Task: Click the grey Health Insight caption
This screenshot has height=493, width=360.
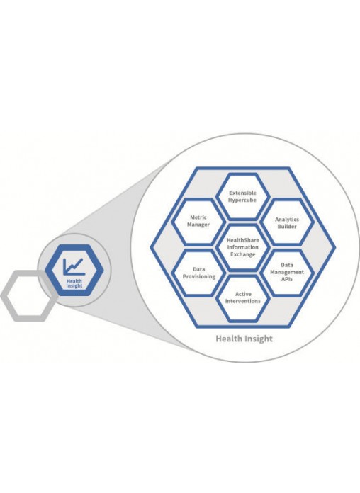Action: [x=244, y=339]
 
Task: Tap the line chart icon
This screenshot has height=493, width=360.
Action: [x=73, y=267]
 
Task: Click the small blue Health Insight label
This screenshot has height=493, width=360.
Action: [x=74, y=283]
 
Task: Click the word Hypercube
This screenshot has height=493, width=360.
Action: [x=242, y=200]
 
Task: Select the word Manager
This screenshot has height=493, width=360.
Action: [x=198, y=225]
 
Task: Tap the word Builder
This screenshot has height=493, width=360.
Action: [x=287, y=227]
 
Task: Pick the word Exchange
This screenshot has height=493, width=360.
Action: [x=242, y=254]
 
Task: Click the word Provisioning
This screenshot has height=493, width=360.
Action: [x=199, y=277]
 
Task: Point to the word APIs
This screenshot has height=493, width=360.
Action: [x=287, y=279]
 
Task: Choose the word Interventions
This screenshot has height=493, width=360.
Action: [x=243, y=301]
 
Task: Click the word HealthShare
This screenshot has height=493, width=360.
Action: [x=243, y=240]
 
